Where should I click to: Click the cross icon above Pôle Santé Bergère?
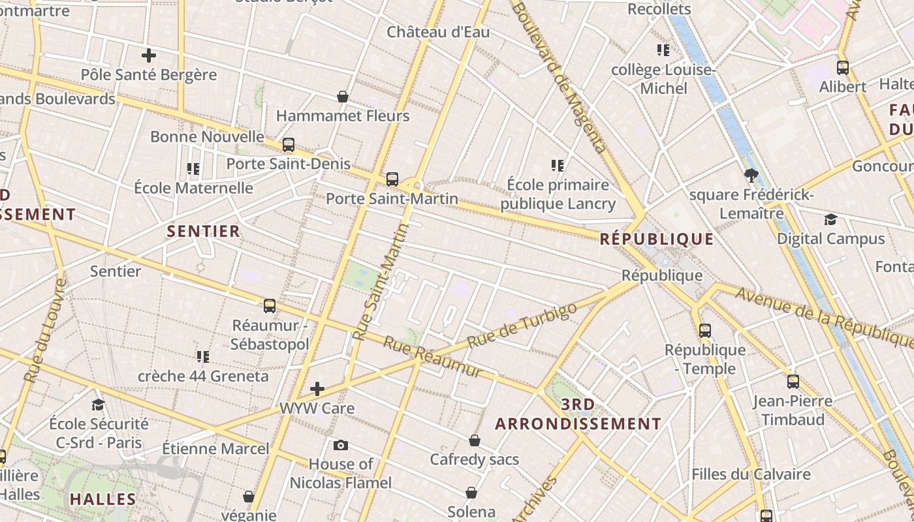point(149,55)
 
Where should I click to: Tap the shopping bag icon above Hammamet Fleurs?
point(343,97)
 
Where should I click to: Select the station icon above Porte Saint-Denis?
point(289,145)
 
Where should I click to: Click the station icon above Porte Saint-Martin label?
point(392,179)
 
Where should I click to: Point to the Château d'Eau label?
point(438,32)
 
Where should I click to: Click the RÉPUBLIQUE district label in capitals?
point(657,239)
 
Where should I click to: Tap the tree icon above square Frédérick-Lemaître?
point(751,175)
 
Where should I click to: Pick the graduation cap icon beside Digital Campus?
point(830,219)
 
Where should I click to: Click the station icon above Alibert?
point(843,67)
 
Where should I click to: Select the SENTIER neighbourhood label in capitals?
point(204,231)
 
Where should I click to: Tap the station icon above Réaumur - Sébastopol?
point(269,305)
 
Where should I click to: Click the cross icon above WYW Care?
point(317,389)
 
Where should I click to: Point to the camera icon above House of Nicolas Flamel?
point(340,445)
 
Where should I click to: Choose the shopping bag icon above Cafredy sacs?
point(475,440)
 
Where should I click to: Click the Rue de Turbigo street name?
point(522,326)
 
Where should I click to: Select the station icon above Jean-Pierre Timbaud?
point(793,381)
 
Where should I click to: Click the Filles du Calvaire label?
point(751,474)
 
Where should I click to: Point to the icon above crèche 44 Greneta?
point(203,357)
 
